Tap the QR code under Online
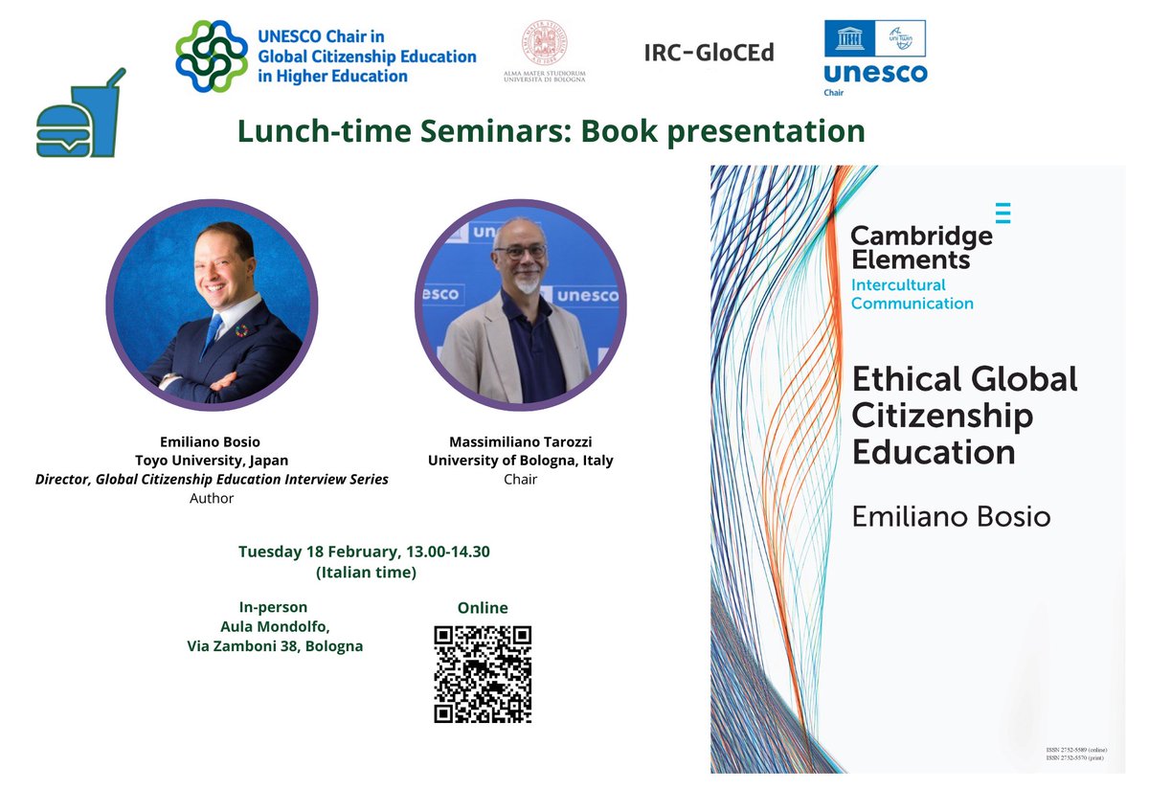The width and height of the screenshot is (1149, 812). (483, 674)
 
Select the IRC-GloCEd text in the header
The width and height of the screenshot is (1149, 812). (709, 53)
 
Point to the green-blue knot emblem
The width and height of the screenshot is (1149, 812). (211, 56)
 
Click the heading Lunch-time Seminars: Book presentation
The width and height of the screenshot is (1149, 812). (551, 130)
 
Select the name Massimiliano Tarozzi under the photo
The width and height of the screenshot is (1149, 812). (521, 441)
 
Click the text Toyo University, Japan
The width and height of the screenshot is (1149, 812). (212, 461)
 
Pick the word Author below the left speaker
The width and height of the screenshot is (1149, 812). (212, 498)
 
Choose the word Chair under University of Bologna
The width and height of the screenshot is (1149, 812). (521, 479)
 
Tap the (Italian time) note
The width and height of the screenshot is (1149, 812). (366, 573)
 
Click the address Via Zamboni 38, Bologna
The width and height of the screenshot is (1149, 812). (275, 646)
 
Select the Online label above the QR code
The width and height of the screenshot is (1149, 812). (483, 608)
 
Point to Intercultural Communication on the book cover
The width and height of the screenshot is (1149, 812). (912, 294)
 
